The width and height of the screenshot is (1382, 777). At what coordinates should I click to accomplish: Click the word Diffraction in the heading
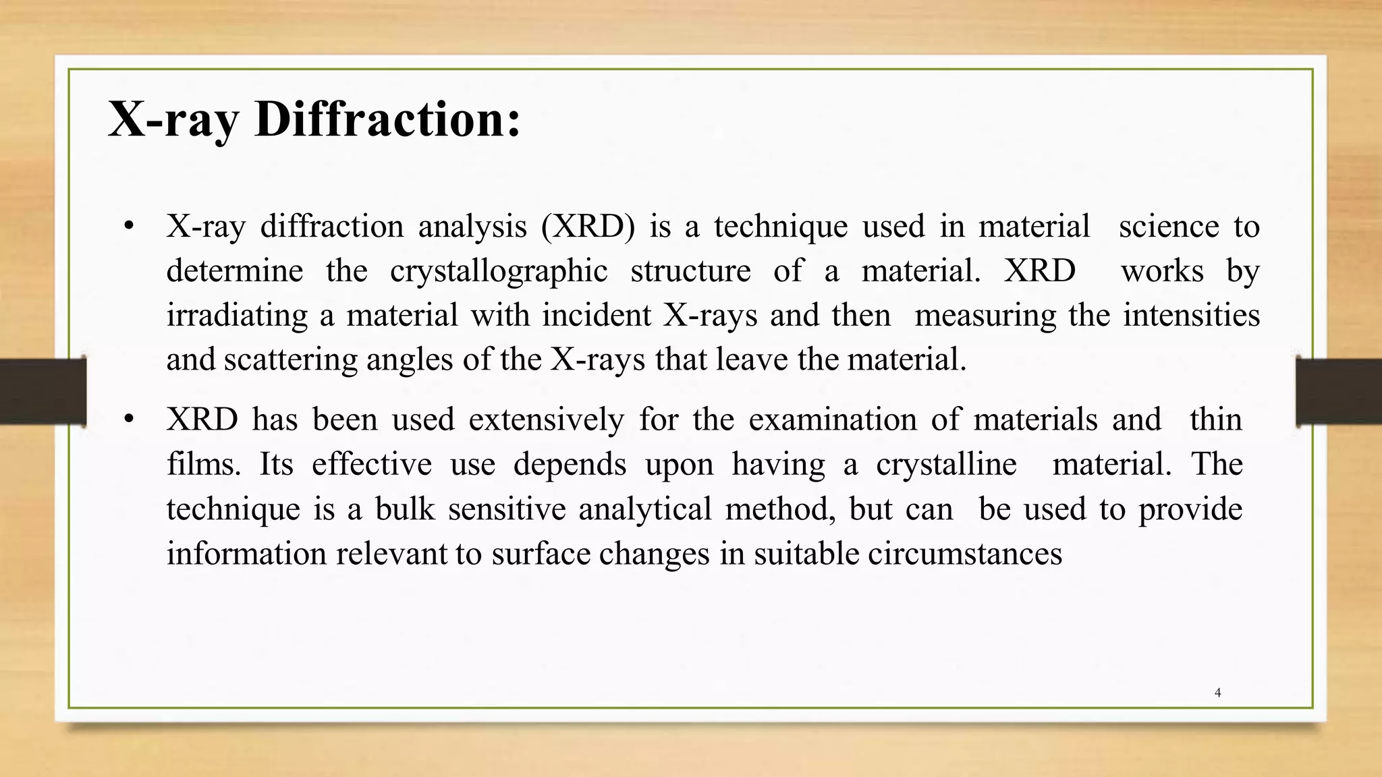click(x=387, y=119)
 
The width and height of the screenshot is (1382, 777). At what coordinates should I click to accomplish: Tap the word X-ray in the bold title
click(x=173, y=119)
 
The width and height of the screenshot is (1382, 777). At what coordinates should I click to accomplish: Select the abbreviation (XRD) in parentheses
click(x=588, y=226)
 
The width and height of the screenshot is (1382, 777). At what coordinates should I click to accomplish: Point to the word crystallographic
click(x=499, y=271)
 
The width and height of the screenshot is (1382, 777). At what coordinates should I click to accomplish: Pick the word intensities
click(x=1191, y=316)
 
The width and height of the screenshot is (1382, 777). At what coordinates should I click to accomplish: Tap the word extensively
click(x=547, y=420)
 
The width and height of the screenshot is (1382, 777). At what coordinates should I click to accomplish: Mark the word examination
click(x=832, y=420)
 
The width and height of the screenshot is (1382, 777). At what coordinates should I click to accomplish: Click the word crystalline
click(x=946, y=464)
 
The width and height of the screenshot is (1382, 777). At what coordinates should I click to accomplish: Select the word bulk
click(x=405, y=509)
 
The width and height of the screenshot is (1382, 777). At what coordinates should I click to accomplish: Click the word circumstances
click(x=965, y=554)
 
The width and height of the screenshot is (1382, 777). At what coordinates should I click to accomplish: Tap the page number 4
click(x=1217, y=693)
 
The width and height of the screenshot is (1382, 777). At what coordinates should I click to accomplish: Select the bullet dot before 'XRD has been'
click(x=129, y=419)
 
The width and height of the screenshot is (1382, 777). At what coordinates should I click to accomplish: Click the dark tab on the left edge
click(x=43, y=391)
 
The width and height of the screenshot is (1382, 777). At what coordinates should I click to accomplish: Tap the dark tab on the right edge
click(x=1339, y=391)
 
